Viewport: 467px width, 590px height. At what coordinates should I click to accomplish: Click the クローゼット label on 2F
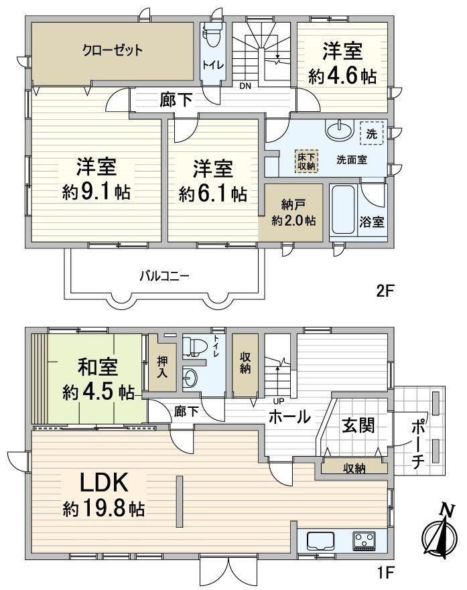[x=113, y=50]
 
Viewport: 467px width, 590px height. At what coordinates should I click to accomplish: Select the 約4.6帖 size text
[x=342, y=77]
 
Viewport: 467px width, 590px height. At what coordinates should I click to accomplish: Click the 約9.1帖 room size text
[x=96, y=193]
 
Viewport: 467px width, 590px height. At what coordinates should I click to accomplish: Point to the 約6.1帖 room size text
[x=213, y=194]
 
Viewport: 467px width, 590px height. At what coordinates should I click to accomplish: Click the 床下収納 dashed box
[x=306, y=161]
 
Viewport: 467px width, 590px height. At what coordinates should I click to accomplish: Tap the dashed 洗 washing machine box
[x=372, y=133]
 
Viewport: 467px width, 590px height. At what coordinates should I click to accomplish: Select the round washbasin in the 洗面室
[x=340, y=130]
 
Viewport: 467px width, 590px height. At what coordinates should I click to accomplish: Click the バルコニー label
[x=164, y=277]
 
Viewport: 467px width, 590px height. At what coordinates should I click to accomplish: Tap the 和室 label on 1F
[x=97, y=367]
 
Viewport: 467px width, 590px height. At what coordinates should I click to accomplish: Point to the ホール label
[x=289, y=417]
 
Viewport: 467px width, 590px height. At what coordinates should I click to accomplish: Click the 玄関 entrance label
[x=358, y=425]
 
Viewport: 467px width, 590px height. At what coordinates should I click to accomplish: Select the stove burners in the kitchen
[x=364, y=541]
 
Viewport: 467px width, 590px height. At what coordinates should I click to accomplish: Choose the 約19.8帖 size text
[x=104, y=509]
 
